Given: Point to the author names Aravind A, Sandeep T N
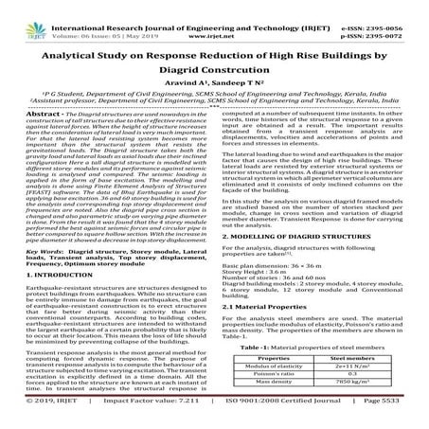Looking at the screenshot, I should (214, 83).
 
